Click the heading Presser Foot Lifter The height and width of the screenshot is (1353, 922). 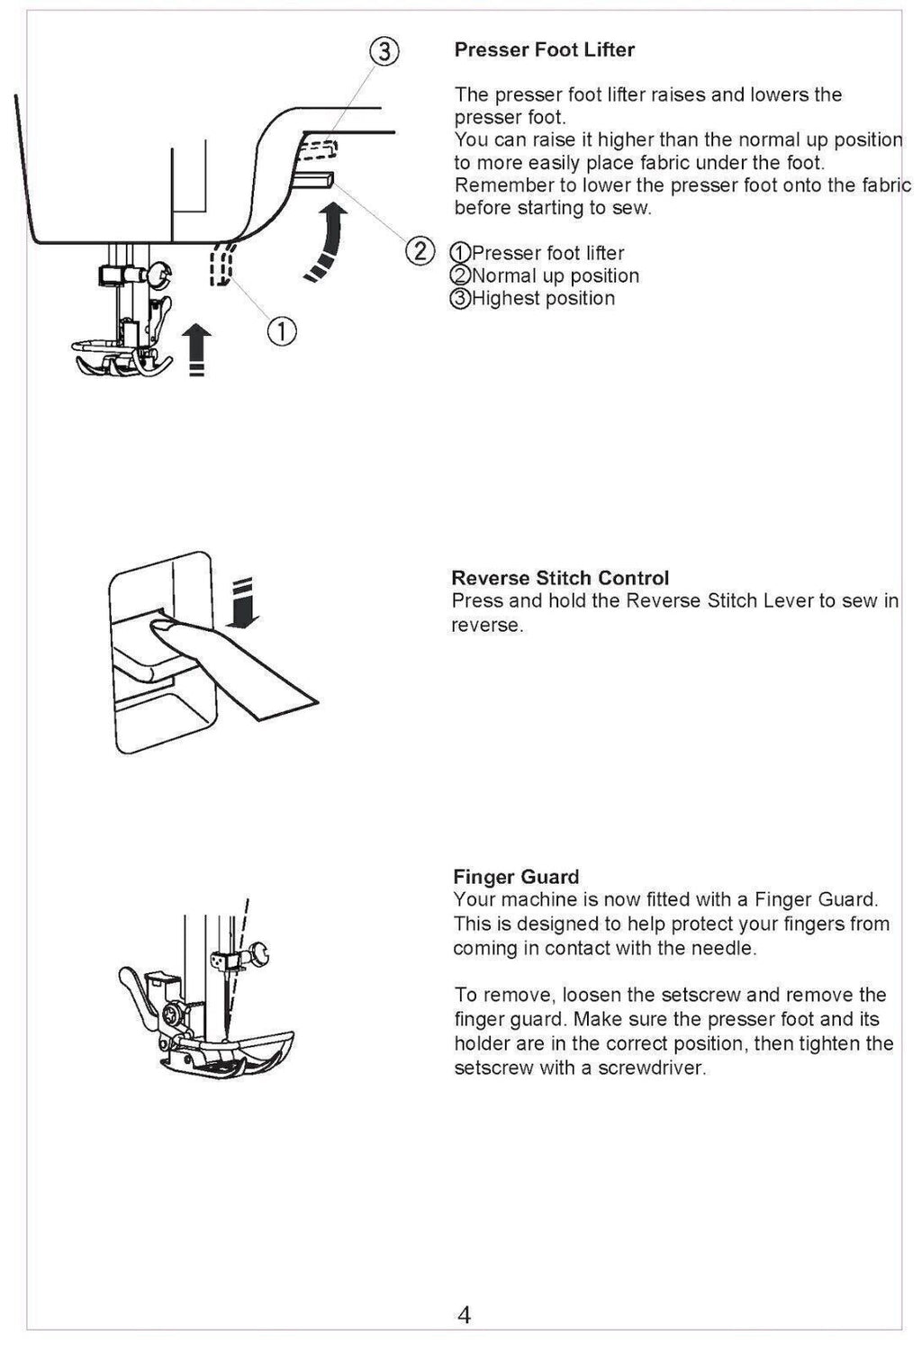click(544, 50)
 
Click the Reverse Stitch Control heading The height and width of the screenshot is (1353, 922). click(560, 578)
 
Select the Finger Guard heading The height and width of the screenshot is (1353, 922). click(516, 877)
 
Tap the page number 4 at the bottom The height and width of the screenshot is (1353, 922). click(464, 1315)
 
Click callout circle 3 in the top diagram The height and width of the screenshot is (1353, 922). click(384, 52)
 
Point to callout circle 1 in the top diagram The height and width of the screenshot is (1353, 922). click(281, 332)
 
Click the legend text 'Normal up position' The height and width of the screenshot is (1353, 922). click(555, 276)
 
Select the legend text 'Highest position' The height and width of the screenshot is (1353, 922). click(543, 299)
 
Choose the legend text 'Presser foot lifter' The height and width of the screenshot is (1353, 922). click(547, 254)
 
